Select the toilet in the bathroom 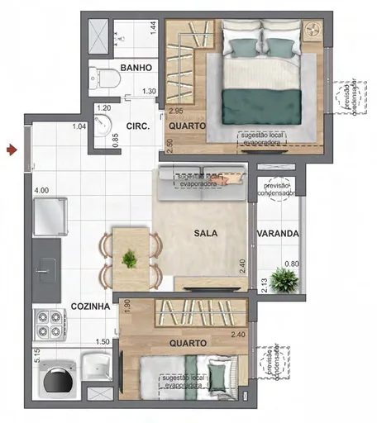pyautogui.click(x=107, y=78)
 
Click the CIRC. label pyautogui.click(x=136, y=126)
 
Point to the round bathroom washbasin pyautogui.click(x=103, y=127)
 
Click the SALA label pyautogui.click(x=206, y=234)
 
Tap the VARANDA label pyautogui.click(x=278, y=234)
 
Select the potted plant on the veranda pyautogui.click(x=283, y=280)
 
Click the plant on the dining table pyautogui.click(x=130, y=259)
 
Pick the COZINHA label pyautogui.click(x=91, y=306)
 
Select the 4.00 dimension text pyautogui.click(x=41, y=191)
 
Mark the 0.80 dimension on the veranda pyautogui.click(x=291, y=264)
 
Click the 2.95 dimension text pyautogui.click(x=175, y=110)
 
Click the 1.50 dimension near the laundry pyautogui.click(x=103, y=341)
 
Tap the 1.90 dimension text pyautogui.click(x=126, y=307)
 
